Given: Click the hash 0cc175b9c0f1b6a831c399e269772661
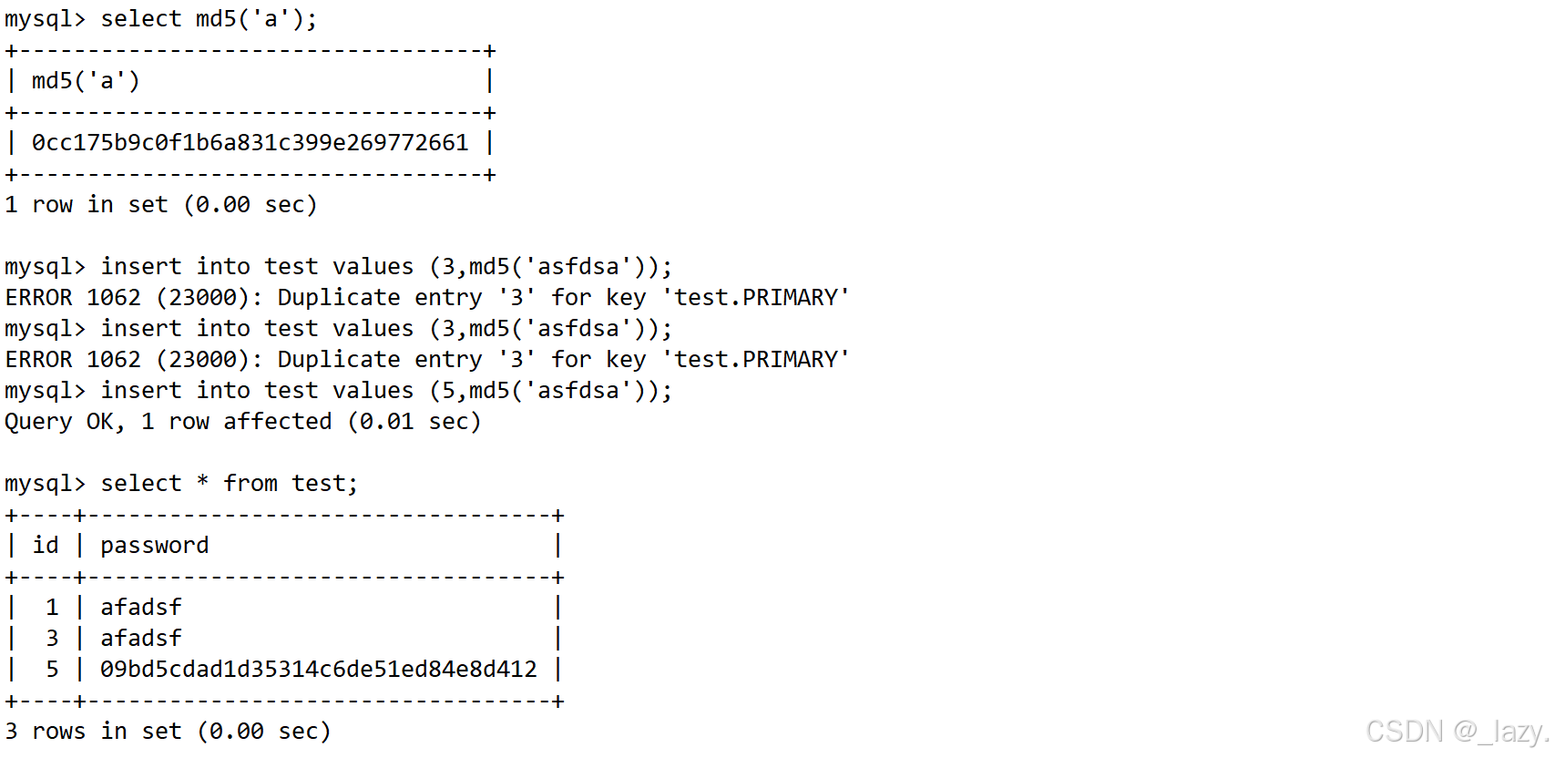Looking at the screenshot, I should (250, 143).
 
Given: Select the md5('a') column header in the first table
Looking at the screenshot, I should (86, 81).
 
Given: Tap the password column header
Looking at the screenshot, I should (154, 546).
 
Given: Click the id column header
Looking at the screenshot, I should (46, 546).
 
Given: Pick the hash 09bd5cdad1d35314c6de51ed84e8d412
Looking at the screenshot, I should (318, 670).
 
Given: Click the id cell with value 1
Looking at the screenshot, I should (52, 608).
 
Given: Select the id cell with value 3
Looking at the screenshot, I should (52, 639).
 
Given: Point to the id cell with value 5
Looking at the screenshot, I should (52, 670).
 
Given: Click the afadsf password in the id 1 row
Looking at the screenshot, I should (140, 608).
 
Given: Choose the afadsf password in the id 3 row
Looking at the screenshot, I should (140, 639).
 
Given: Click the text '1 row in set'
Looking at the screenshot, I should (86, 205).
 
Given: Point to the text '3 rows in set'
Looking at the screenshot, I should (93, 732).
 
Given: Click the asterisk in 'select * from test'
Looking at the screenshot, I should (202, 483).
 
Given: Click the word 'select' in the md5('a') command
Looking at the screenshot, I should (140, 19).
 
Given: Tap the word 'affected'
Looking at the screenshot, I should (277, 422).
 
